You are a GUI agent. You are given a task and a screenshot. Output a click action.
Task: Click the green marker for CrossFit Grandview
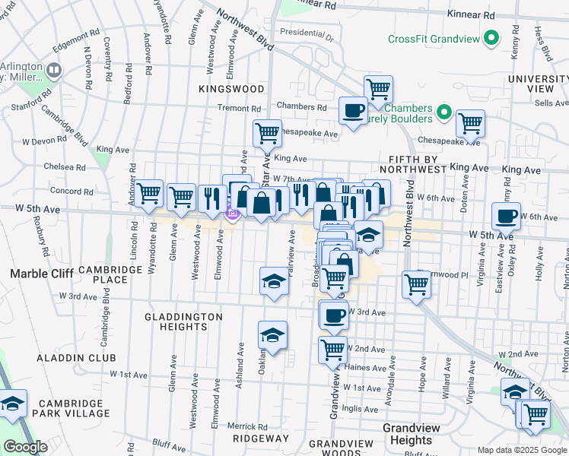point(492,37)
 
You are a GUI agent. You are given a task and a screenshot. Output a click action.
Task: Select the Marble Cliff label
point(40,273)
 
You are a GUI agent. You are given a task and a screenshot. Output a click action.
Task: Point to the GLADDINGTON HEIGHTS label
point(185,321)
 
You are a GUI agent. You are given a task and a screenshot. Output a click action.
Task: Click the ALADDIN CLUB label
point(78,357)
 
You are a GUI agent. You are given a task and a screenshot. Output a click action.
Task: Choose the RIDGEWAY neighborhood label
point(261,439)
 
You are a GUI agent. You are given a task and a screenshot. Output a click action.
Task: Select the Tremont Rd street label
point(239,108)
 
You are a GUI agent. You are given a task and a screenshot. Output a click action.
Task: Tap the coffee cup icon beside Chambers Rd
point(352,110)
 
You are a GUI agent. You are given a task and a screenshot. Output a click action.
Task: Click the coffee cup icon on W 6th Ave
point(506,216)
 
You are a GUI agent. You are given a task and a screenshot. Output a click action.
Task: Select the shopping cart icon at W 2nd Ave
point(332,350)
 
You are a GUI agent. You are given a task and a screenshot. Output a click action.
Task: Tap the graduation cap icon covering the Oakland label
point(272,334)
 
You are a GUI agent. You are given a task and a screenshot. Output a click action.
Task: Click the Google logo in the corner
point(25,447)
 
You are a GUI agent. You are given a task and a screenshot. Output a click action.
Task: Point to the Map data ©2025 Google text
point(522,450)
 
